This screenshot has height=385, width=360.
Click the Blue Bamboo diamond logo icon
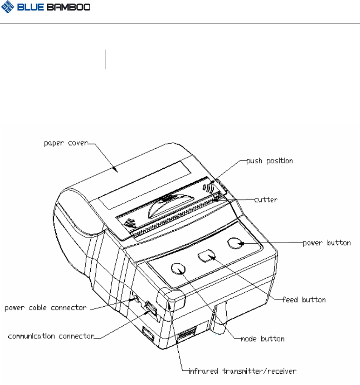point(8,8)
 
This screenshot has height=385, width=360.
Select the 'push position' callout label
point(270,161)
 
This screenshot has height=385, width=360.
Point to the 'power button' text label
point(327,243)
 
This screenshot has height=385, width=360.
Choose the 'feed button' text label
point(304,300)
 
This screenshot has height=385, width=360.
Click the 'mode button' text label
point(263,338)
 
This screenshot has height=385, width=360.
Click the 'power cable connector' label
point(45,308)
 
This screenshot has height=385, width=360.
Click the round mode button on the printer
point(178,269)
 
